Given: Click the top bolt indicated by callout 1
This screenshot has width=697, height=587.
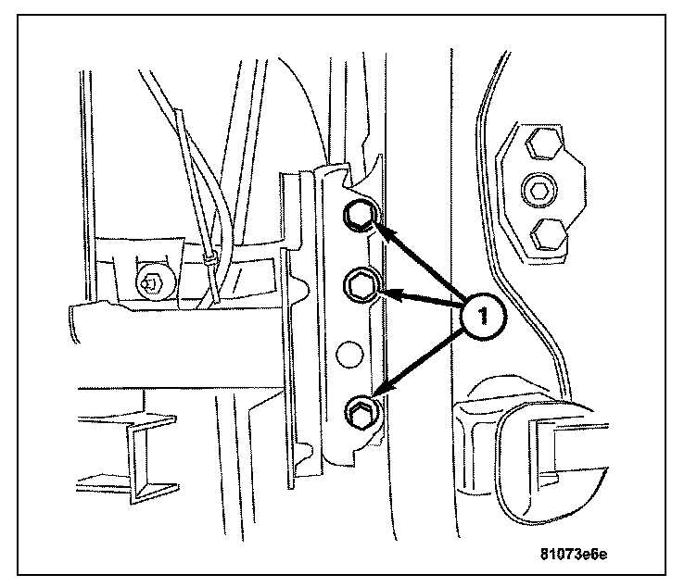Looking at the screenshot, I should pyautogui.click(x=359, y=217).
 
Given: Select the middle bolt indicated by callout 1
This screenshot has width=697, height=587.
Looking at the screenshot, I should pyautogui.click(x=360, y=283).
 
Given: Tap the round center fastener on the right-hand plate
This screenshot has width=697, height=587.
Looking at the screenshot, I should pyautogui.click(x=539, y=192).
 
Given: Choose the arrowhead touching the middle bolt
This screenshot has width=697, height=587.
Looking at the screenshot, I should pyautogui.click(x=389, y=295).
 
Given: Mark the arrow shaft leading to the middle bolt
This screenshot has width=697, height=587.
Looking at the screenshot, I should pyautogui.click(x=426, y=301).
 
